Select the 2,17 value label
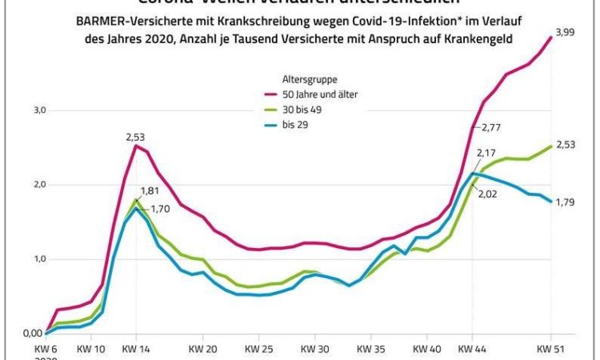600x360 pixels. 486,152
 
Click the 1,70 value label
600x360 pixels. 162,210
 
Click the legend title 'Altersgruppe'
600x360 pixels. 310,80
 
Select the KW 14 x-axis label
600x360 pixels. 136,350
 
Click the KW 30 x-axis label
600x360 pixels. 315,350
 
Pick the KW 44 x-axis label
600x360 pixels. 473,350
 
